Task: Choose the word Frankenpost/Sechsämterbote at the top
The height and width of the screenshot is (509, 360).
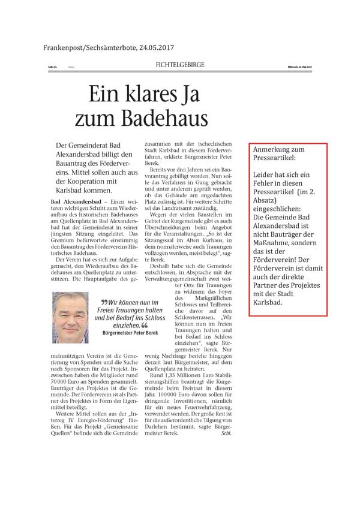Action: click(82, 49)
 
